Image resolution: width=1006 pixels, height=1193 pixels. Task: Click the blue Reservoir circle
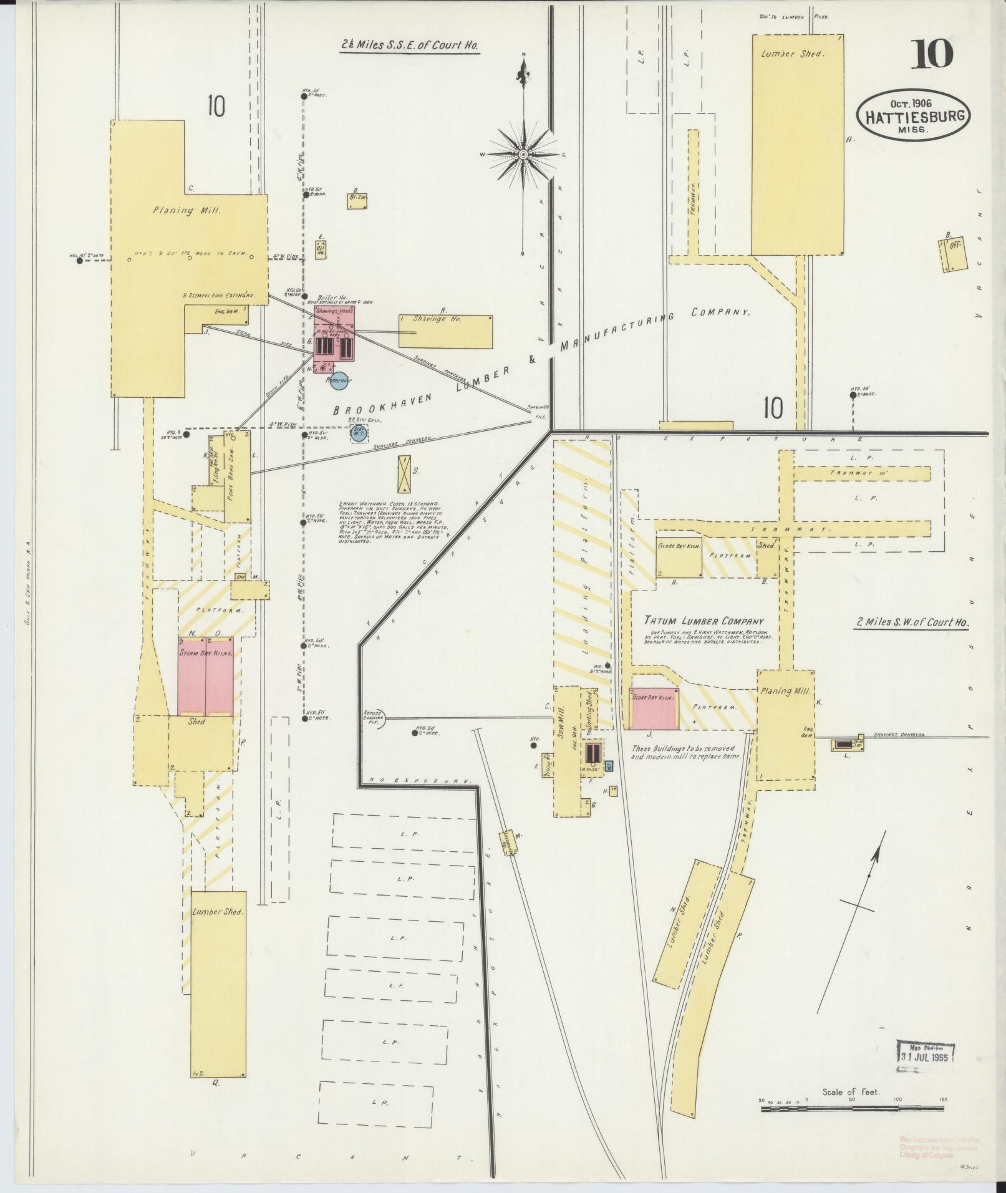339,380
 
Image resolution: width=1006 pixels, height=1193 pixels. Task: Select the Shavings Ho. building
445,331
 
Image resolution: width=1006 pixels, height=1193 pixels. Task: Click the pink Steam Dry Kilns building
206,676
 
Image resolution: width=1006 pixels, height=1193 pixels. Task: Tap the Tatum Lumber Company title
704,621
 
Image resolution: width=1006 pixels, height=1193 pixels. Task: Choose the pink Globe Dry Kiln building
654,708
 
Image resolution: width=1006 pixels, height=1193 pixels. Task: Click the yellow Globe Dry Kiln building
679,556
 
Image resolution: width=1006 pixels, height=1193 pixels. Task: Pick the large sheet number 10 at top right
932,54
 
